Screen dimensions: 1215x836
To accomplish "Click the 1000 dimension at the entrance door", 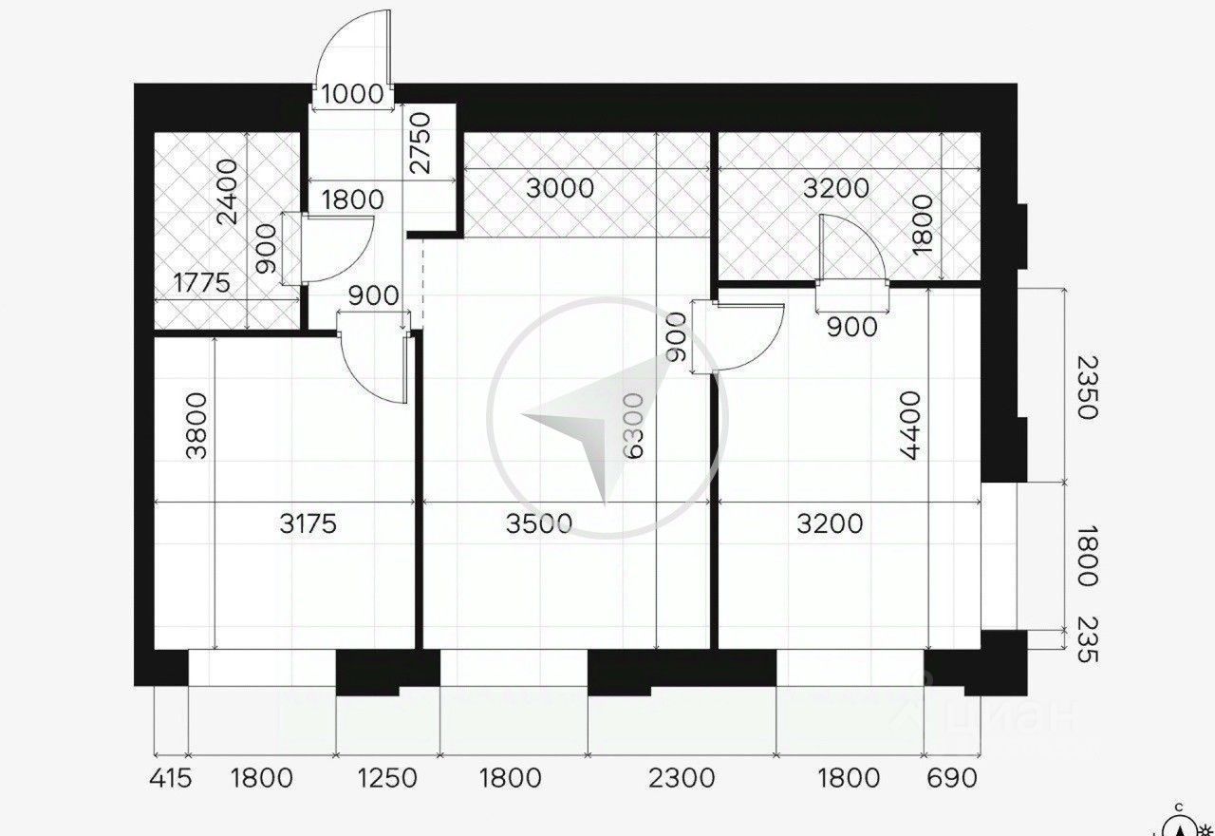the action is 352,94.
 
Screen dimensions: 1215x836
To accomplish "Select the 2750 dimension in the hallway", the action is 419,142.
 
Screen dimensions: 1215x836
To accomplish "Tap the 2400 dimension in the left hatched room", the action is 228,193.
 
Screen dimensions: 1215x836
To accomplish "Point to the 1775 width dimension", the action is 204,283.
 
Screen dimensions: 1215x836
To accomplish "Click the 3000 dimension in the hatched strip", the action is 560,187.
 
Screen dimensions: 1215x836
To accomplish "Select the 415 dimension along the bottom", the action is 171,778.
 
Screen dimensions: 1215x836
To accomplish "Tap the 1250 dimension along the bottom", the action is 387,778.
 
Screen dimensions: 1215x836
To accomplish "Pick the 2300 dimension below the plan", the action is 682,778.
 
